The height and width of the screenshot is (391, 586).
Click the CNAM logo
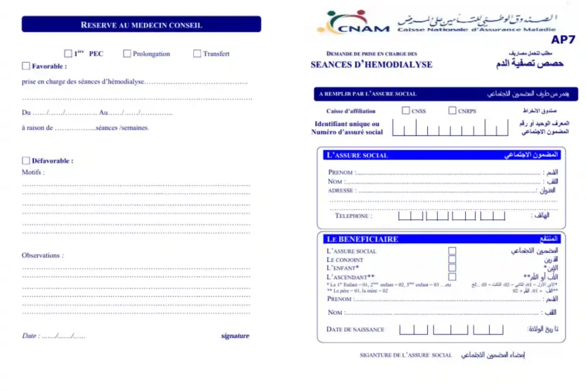pyautogui.click(x=353, y=22)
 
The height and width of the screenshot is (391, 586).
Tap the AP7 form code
pyautogui.click(x=569, y=40)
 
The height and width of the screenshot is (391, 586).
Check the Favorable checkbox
pyautogui.click(x=27, y=66)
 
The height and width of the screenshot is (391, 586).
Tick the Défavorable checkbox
pyautogui.click(x=27, y=160)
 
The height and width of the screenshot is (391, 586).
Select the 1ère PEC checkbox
pyautogui.click(x=69, y=54)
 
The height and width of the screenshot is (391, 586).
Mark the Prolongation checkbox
pyautogui.click(x=127, y=54)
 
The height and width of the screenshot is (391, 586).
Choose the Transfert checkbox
pyautogui.click(x=197, y=54)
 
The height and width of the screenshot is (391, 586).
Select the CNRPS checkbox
pyautogui.click(x=453, y=110)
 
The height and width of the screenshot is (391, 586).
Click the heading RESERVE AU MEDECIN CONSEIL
pyautogui.click(x=141, y=25)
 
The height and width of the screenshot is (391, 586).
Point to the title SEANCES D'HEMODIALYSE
pyautogui.click(x=371, y=65)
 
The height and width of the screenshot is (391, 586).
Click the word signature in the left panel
pyautogui.click(x=235, y=336)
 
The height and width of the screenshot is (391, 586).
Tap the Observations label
pyautogui.click(x=42, y=255)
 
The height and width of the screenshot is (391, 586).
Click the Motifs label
pyautogui.click(x=33, y=172)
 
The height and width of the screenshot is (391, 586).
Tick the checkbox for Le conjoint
pyautogui.click(x=452, y=260)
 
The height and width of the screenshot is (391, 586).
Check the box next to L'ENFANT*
pyautogui.click(x=452, y=268)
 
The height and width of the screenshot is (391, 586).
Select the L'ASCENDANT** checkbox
pyautogui.click(x=452, y=277)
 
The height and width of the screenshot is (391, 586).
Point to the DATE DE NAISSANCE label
pyautogui.click(x=355, y=329)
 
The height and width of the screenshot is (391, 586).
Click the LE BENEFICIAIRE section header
pyautogui.click(x=362, y=239)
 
